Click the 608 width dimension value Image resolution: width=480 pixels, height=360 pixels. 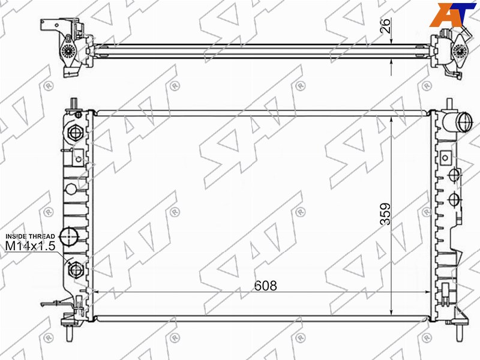[x=265, y=286]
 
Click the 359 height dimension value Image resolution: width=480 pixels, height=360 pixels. [x=385, y=214]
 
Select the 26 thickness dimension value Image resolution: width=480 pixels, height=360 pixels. [x=386, y=26]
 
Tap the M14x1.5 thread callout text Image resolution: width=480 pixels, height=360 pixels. [x=31, y=245]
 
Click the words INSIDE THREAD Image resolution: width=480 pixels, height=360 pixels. [x=31, y=236]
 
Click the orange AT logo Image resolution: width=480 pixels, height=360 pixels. [x=452, y=14]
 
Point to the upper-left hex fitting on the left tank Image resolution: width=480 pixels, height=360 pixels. [x=75, y=133]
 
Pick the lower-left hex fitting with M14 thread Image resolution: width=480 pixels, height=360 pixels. [x=76, y=269]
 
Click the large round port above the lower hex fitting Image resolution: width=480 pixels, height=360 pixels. [x=68, y=236]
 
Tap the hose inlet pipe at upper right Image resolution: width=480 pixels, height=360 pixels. [x=459, y=122]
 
